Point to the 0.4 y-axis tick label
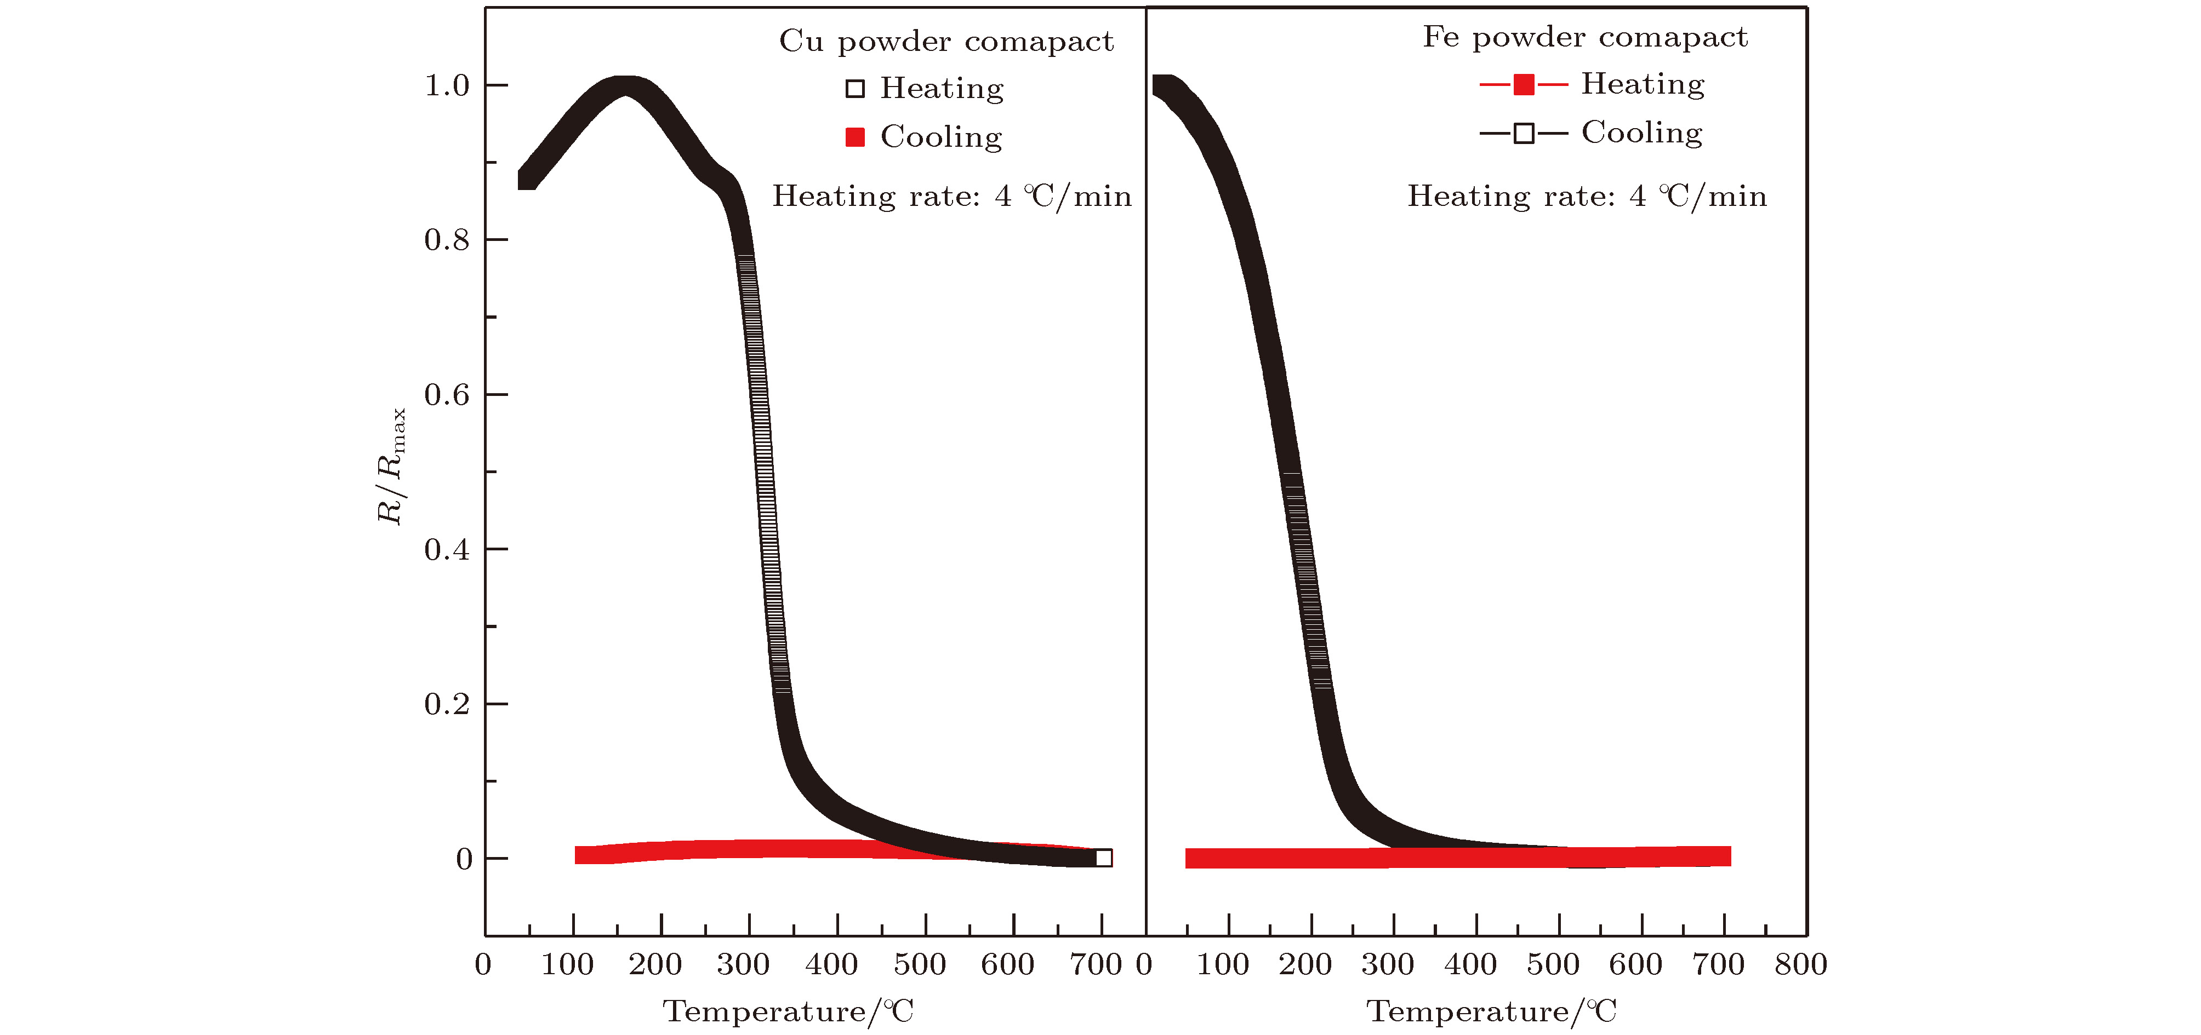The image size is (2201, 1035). pyautogui.click(x=447, y=549)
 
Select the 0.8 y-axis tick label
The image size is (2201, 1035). pyautogui.click(x=447, y=240)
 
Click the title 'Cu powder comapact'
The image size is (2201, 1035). pyautogui.click(x=946, y=41)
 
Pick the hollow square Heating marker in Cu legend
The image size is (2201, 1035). pyautogui.click(x=854, y=89)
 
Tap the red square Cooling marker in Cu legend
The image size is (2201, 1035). pyautogui.click(x=854, y=137)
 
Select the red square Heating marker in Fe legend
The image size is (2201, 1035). pyautogui.click(x=1524, y=84)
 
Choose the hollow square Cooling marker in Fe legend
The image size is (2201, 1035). pyautogui.click(x=1524, y=133)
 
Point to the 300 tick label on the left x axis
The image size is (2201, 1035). pyautogui.click(x=743, y=965)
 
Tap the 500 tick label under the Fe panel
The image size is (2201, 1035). pyautogui.click(x=1553, y=965)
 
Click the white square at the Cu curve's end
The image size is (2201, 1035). pyautogui.click(x=1103, y=858)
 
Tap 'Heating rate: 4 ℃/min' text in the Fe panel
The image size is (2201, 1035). pyautogui.click(x=1587, y=197)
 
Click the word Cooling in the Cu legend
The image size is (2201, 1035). pyautogui.click(x=940, y=137)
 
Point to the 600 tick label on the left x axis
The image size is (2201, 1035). pyautogui.click(x=1007, y=965)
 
